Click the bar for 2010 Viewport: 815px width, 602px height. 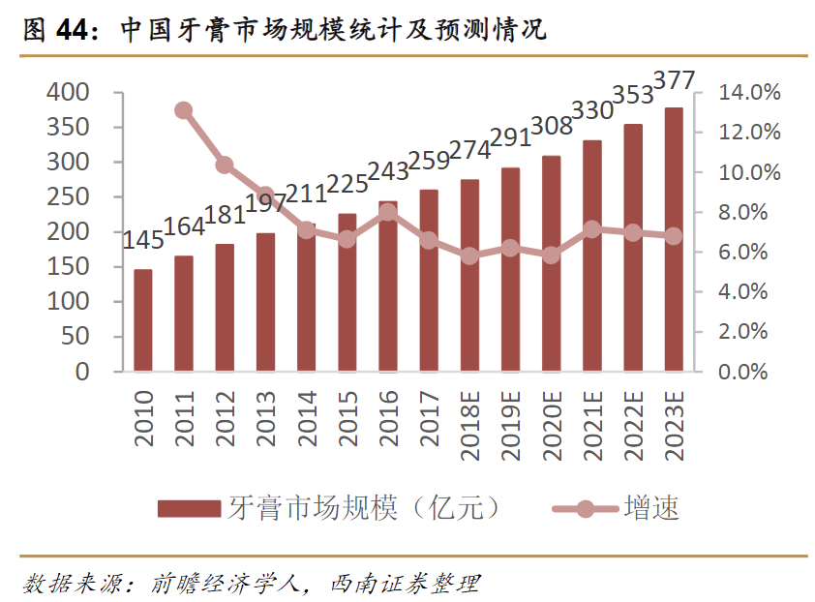(x=143, y=320)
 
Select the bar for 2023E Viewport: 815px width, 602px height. (x=673, y=239)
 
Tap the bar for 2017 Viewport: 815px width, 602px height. (x=429, y=281)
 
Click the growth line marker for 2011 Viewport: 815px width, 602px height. (x=184, y=110)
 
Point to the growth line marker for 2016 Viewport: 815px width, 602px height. (x=388, y=212)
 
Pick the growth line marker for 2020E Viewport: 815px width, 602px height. (x=551, y=256)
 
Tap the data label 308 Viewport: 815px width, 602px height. (x=552, y=126)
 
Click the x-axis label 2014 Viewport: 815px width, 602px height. (x=306, y=419)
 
